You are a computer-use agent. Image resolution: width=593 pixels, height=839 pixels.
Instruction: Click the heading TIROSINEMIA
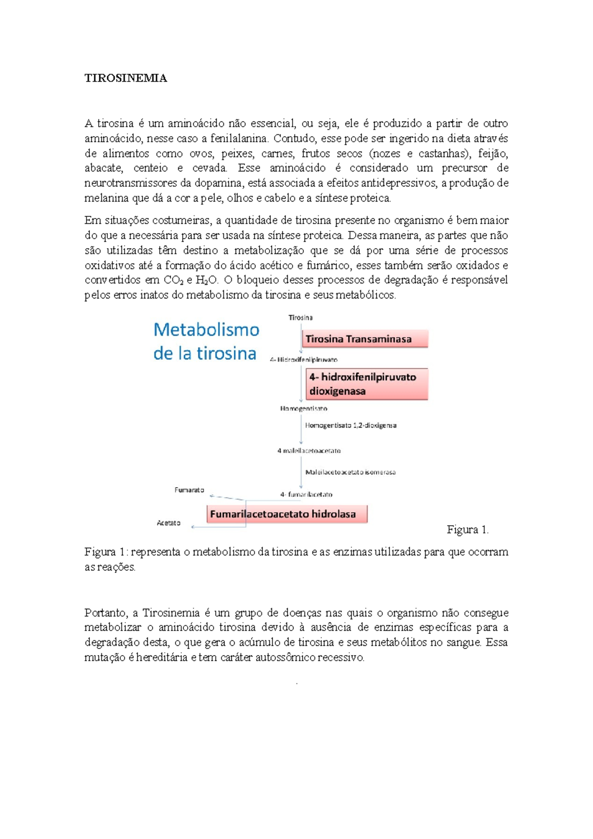(x=126, y=78)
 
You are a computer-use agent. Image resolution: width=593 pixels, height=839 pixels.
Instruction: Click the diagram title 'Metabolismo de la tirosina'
(x=206, y=341)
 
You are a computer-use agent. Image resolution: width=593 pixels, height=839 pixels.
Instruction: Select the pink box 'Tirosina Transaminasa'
(x=365, y=339)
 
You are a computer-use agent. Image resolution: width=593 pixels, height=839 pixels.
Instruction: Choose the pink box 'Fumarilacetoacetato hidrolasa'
(x=287, y=514)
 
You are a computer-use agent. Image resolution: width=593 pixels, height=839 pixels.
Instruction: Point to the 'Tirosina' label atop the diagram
(x=300, y=318)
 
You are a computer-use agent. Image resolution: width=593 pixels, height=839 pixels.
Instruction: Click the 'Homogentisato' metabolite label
(x=303, y=409)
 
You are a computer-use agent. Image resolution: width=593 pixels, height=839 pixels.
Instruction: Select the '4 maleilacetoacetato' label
(x=309, y=451)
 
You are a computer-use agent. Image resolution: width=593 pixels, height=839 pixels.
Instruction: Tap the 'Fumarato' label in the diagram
(x=189, y=490)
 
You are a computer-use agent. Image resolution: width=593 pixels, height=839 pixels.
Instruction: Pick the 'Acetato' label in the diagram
(x=169, y=523)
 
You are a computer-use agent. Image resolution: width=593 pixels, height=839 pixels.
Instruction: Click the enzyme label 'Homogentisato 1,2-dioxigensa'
(x=350, y=425)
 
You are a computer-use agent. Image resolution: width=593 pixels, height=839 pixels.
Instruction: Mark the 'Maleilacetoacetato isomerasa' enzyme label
(x=350, y=472)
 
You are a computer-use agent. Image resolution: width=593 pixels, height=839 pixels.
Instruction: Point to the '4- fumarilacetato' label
(x=306, y=494)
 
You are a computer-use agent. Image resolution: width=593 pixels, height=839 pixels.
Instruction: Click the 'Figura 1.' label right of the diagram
(x=467, y=530)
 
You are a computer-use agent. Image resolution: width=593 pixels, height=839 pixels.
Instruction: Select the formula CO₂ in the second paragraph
(x=174, y=280)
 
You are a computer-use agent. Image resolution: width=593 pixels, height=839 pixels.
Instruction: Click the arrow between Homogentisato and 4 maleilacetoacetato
(x=301, y=430)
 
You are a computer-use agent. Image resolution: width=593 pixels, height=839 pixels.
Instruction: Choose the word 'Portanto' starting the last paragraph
(x=106, y=613)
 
